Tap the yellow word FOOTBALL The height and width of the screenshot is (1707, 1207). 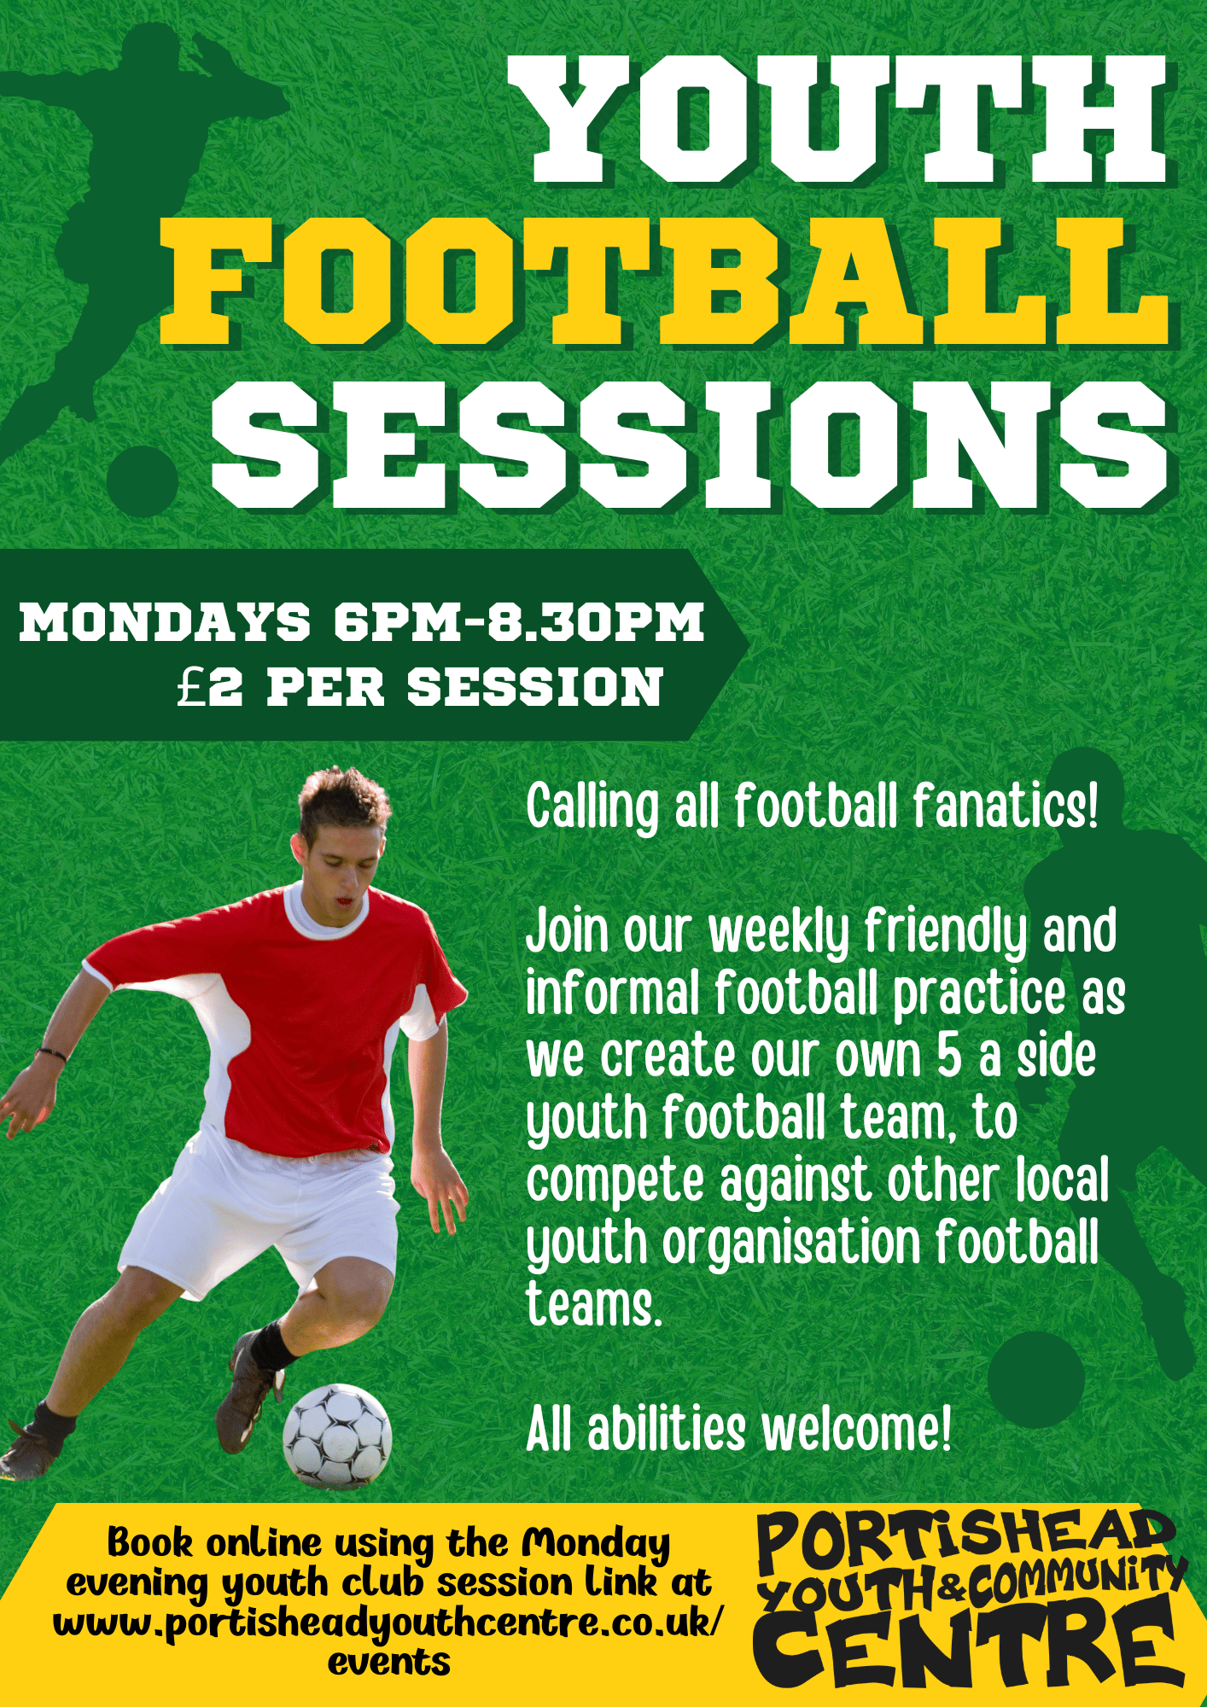pyautogui.click(x=664, y=282)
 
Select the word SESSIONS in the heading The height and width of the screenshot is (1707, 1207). pyautogui.click(x=690, y=445)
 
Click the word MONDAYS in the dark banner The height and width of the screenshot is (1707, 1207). pyautogui.click(x=165, y=621)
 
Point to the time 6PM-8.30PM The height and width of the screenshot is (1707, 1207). pyautogui.click(x=519, y=621)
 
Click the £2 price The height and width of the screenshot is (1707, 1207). pyautogui.click(x=210, y=687)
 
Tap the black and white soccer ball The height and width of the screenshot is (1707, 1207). pyautogui.click(x=337, y=1436)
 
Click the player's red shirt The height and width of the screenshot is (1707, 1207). pyautogui.click(x=290, y=1024)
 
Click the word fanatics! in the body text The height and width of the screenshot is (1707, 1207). pyautogui.click(x=1005, y=807)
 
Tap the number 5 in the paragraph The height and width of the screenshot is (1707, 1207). pyautogui.click(x=949, y=1057)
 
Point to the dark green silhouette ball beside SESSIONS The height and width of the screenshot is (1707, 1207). pyautogui.click(x=143, y=481)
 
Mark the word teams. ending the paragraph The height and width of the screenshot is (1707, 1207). pyautogui.click(x=594, y=1305)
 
